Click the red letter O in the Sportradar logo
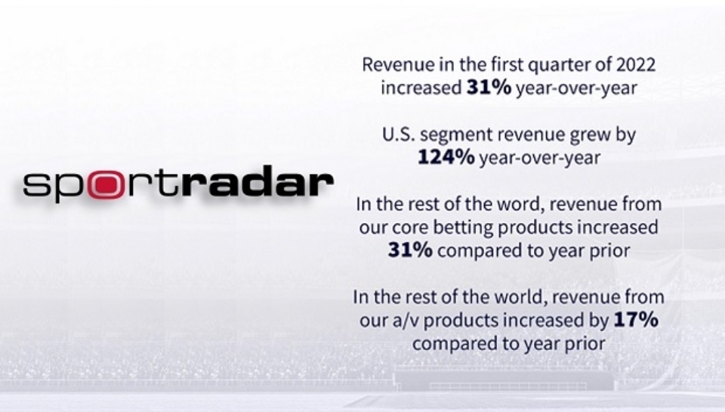pyautogui.click(x=100, y=184)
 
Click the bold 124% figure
pyautogui.click(x=446, y=159)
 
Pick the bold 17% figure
pyautogui.click(x=635, y=321)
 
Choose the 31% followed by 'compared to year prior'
pyautogui.click(x=410, y=250)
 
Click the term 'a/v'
pyautogui.click(x=418, y=321)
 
